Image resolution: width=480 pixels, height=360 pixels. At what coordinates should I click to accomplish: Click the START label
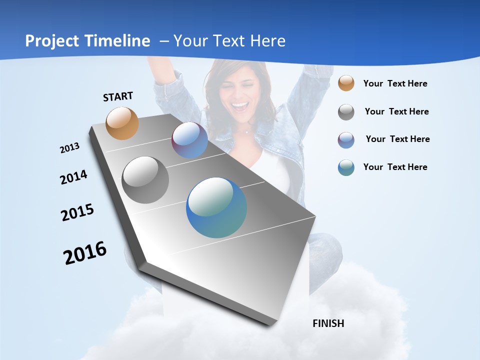[118, 96]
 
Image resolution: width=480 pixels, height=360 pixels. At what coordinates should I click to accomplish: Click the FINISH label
[328, 323]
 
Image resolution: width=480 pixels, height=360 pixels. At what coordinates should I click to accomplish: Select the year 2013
[69, 147]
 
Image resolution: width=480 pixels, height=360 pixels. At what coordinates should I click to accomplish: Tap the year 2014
[73, 177]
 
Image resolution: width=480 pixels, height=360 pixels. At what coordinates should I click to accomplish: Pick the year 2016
[85, 252]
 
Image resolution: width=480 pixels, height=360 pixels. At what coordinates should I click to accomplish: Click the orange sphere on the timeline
[122, 123]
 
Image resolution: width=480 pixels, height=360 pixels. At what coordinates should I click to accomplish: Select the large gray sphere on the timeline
[145, 180]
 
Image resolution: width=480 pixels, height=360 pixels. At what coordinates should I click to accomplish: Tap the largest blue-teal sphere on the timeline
[216, 207]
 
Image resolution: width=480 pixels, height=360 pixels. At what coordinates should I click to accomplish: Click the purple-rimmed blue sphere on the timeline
[189, 140]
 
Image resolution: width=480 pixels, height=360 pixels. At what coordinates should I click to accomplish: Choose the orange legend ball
[346, 83]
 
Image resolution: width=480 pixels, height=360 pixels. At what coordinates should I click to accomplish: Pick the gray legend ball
[346, 112]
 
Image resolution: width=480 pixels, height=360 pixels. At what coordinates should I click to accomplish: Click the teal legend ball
[346, 167]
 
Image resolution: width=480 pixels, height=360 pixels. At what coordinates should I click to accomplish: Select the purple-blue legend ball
[346, 140]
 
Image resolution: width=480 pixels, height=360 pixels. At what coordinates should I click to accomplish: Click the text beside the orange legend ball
[395, 83]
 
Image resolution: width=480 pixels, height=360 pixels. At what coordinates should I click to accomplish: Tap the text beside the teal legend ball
[395, 167]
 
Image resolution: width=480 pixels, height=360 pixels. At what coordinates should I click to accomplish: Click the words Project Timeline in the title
[87, 41]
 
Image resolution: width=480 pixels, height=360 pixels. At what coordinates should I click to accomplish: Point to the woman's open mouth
[240, 106]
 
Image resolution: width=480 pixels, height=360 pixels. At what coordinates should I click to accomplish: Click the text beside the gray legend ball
[396, 111]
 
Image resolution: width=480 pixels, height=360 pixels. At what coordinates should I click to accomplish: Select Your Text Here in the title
[229, 41]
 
